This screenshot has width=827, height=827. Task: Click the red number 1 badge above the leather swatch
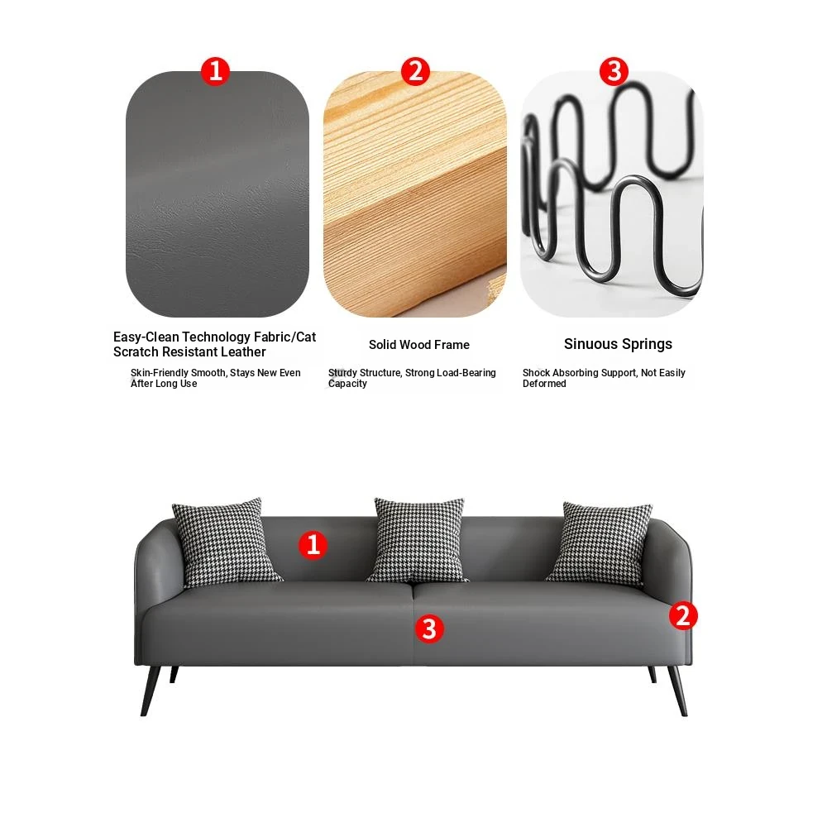pos(215,70)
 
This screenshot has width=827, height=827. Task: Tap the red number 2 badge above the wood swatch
pos(415,70)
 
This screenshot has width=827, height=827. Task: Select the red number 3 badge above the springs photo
pos(614,70)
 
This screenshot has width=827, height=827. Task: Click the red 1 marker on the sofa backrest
pos(313,544)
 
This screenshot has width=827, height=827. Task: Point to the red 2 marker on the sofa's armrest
pos(683,615)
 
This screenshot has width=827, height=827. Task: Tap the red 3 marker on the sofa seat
pos(428,629)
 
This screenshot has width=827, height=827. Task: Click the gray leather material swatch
pos(218,194)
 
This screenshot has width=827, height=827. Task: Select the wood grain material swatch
pos(415,194)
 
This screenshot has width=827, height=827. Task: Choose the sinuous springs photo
pos(612,194)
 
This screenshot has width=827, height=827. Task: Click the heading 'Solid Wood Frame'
pos(419,345)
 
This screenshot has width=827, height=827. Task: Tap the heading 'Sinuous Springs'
pos(618,344)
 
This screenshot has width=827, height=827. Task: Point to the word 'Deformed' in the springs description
pos(544,384)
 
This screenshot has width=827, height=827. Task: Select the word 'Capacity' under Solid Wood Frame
pos(347,384)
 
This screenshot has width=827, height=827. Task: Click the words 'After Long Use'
pos(164,384)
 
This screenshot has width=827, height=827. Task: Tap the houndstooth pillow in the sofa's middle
pos(418,539)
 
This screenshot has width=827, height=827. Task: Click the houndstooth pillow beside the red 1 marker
pos(227,543)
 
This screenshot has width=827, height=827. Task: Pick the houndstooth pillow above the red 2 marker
pos(600,543)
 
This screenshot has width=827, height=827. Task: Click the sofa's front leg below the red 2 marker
pos(678,691)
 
